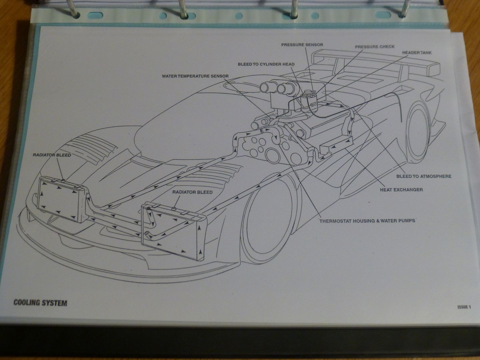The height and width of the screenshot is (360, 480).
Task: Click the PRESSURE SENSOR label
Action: (x=302, y=45)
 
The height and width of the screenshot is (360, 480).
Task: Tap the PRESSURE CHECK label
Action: (x=375, y=47)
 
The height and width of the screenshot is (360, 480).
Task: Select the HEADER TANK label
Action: (x=417, y=53)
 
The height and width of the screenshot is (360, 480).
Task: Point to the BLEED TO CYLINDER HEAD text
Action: (x=266, y=64)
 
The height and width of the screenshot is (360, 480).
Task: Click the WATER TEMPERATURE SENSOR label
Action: (x=195, y=76)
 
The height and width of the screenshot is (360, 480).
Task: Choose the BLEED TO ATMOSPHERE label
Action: (x=424, y=176)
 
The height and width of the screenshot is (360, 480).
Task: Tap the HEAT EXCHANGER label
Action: (x=401, y=190)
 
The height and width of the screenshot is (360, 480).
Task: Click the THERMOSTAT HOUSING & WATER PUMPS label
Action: (x=367, y=221)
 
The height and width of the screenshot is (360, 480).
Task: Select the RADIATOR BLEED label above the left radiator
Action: (x=52, y=155)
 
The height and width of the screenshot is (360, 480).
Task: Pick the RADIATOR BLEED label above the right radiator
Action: (x=192, y=192)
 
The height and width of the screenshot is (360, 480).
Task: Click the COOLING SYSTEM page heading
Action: (x=40, y=303)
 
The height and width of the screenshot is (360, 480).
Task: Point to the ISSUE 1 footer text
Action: (x=464, y=307)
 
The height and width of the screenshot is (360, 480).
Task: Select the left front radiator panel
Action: (x=62, y=199)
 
